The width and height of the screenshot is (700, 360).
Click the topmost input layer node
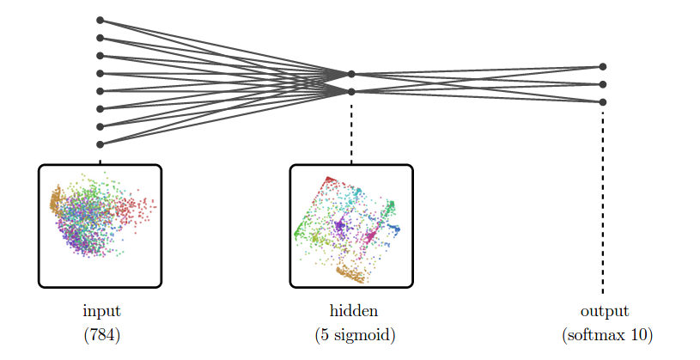click(x=100, y=20)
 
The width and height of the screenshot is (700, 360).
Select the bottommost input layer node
click(x=100, y=144)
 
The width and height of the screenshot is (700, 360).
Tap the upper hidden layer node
click(x=351, y=74)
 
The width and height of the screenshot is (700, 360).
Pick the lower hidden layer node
click(x=351, y=92)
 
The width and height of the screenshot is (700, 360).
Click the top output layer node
click(x=603, y=66)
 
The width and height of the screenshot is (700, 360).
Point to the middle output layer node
click(x=603, y=84)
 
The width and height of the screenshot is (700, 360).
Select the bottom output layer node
click(x=603, y=102)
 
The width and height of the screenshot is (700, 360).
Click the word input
click(x=102, y=311)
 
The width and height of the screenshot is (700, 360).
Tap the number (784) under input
click(x=102, y=334)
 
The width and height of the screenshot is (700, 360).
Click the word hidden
click(x=354, y=310)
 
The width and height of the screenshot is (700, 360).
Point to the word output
click(x=605, y=312)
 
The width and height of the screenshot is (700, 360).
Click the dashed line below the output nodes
click(x=603, y=202)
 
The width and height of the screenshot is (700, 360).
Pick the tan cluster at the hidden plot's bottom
click(x=352, y=274)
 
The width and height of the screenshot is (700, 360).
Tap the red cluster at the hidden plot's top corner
click(x=331, y=180)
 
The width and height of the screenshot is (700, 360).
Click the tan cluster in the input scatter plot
click(x=56, y=201)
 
